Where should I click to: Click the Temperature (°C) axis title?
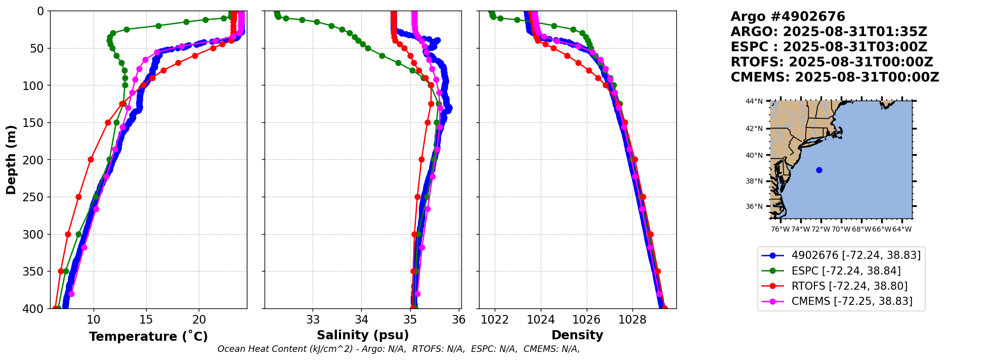point(148,337)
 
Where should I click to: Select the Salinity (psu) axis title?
point(363,335)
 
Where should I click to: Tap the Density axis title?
point(577,335)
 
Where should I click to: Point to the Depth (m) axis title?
point(11,159)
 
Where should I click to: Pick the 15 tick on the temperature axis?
point(146,320)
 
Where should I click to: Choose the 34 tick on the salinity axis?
point(361,320)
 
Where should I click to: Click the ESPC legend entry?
point(846,271)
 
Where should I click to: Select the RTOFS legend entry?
point(849,286)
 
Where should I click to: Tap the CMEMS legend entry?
point(852,301)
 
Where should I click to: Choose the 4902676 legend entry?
point(856,255)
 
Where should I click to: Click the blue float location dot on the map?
point(819,170)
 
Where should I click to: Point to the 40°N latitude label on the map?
point(754,155)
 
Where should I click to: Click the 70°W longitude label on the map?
point(841,230)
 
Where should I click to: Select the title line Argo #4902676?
point(788,17)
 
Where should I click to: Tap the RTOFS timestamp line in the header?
point(832,62)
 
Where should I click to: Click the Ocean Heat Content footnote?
point(399,349)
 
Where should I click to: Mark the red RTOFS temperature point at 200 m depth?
point(91,159)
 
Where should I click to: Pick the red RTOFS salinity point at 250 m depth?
point(417,197)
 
